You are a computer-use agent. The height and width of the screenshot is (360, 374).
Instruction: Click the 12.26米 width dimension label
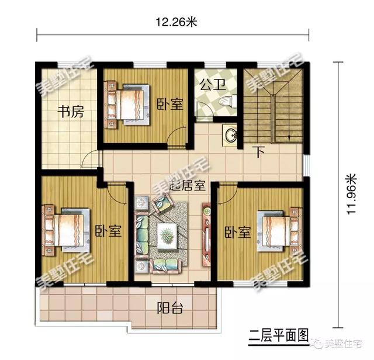point(176,22)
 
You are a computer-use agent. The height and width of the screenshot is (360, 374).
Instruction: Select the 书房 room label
point(71,112)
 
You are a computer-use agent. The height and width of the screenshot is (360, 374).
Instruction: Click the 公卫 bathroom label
point(213,85)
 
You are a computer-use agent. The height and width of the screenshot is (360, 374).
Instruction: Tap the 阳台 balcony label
point(170,308)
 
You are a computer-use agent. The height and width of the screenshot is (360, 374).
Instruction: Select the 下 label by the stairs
point(259,152)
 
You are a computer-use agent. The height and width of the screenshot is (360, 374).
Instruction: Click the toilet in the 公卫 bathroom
point(228,101)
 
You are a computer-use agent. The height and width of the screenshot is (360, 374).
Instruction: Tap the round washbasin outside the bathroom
point(230,135)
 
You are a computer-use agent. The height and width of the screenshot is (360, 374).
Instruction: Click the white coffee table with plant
point(167,236)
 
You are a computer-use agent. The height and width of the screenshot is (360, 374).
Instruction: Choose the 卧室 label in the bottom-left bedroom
point(109,231)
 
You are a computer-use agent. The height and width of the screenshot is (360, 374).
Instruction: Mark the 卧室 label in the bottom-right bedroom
point(238,232)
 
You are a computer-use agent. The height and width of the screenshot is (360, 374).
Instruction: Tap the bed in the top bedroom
point(127,104)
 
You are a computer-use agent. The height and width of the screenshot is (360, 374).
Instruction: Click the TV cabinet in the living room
point(206,234)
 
